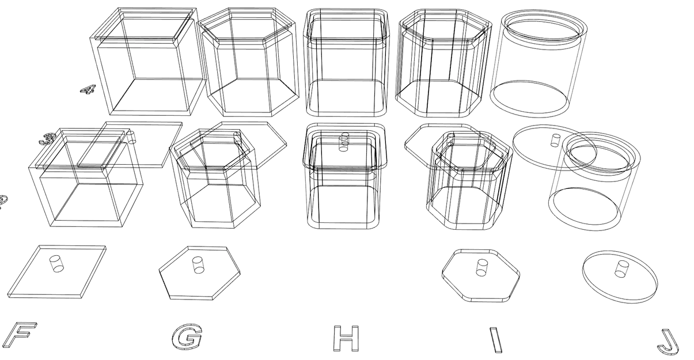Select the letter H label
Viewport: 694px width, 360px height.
coord(346,338)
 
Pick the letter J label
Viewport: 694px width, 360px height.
coord(668,341)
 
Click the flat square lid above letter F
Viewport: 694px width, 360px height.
coord(58,271)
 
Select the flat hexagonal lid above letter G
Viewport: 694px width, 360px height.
coord(199,272)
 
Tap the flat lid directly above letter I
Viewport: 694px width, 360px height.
coord(481,275)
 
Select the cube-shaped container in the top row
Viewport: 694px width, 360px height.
coord(147,60)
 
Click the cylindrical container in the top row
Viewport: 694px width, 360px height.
coord(538,63)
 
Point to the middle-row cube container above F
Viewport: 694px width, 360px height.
coord(86,179)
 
